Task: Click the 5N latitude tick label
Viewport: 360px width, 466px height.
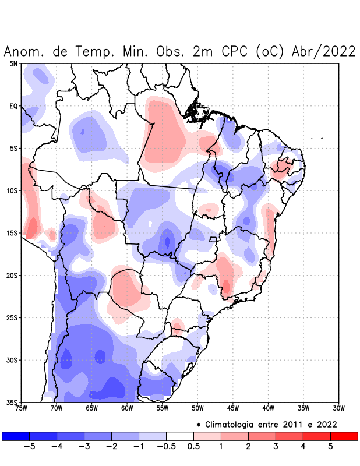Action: pos(13,63)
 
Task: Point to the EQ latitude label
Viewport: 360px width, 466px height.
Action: pos(13,106)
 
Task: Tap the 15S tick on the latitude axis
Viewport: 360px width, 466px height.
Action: pos(12,233)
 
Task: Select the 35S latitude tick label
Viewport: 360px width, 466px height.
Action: pos(12,402)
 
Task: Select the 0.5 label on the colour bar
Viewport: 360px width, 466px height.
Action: pos(193,447)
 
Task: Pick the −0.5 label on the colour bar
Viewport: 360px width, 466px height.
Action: pos(165,447)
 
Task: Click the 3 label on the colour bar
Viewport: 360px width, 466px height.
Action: pos(276,447)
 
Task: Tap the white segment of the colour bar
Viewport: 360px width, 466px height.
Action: pos(179,436)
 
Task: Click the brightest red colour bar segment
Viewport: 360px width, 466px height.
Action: pos(344,436)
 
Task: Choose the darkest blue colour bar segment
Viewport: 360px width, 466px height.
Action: pos(16,436)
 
